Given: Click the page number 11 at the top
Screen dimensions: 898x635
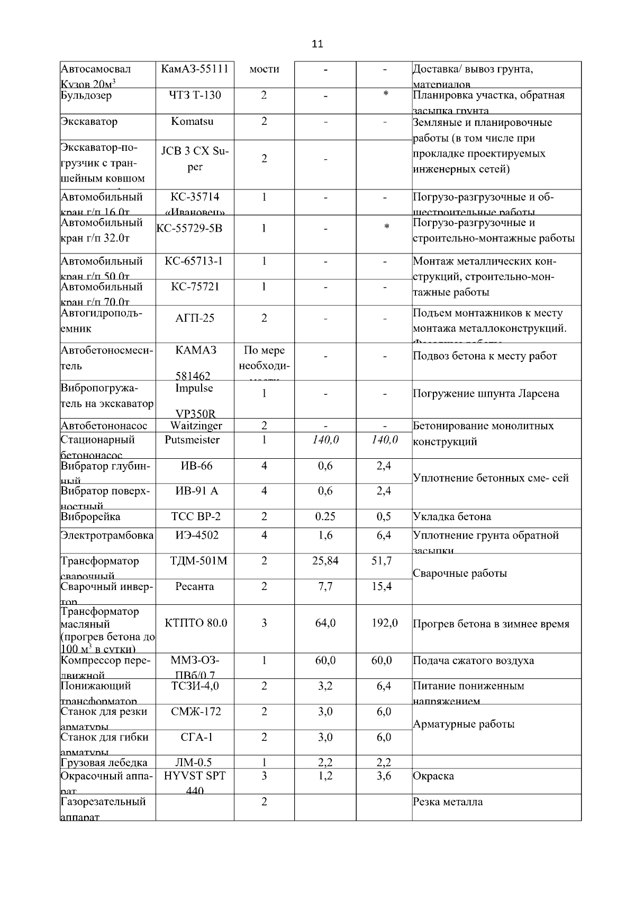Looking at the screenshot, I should [317, 44].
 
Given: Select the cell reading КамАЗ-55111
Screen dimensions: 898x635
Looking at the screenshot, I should [195, 69].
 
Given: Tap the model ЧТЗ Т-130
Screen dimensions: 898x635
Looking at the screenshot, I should [195, 95].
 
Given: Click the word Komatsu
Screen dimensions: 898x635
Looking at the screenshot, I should [193, 121].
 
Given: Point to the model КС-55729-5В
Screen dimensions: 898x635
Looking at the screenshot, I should [190, 229].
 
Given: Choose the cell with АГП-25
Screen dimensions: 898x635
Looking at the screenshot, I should [195, 318].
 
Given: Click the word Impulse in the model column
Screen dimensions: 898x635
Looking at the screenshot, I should [194, 388].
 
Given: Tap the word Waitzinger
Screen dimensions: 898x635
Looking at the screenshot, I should [196, 425].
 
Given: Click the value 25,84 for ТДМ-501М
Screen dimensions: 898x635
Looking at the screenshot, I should [325, 561].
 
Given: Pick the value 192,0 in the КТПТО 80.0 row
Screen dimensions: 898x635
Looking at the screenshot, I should [385, 623].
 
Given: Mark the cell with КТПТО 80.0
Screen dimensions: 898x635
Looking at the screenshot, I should [196, 623].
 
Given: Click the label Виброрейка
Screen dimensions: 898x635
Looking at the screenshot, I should [90, 517].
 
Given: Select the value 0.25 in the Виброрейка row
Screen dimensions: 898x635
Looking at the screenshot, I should [325, 517].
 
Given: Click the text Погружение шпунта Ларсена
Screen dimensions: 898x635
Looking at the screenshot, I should [486, 394].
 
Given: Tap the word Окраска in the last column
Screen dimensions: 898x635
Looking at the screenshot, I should [433, 776].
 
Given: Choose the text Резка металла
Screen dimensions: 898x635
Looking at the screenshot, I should [448, 802].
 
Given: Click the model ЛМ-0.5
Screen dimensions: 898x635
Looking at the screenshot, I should [193, 763].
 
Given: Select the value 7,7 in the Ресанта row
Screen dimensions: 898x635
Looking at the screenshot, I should [325, 586].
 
